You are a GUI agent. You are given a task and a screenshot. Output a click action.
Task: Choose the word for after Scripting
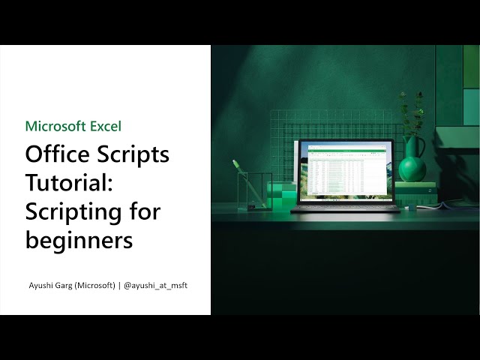145,211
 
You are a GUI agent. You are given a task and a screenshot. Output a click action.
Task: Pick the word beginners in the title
79,240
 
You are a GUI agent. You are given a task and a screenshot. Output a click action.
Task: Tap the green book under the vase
415,184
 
